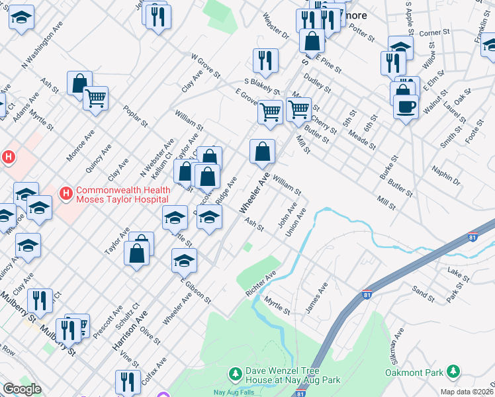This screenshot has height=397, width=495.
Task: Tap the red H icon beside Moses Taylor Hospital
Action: pos(66,194)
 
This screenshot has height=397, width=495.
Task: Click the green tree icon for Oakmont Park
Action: pos(453,371)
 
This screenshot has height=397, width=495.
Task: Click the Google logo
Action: pos(22,389)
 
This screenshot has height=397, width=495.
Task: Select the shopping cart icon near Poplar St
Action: pos(96,99)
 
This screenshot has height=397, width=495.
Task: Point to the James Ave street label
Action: pos(316,298)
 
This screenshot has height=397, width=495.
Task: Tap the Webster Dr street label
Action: pos(276,25)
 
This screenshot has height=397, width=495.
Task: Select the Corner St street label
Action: pos(434,32)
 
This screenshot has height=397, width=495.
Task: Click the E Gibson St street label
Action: pos(195,289)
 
